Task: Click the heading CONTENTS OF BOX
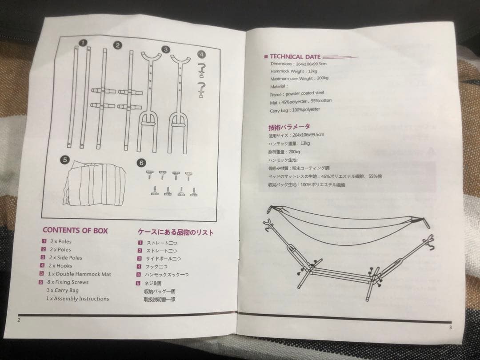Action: [75, 230]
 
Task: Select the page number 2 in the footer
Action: [19, 320]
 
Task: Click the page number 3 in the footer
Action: [450, 328]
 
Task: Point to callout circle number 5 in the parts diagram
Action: [65, 159]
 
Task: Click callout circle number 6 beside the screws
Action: [141, 163]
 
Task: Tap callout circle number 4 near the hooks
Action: [201, 54]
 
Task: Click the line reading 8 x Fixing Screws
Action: [69, 282]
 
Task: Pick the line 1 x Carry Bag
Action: [63, 290]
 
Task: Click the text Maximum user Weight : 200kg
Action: [299, 78]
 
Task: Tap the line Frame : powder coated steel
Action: [297, 93]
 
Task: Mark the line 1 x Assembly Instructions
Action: [78, 299]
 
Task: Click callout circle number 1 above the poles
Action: [82, 43]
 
